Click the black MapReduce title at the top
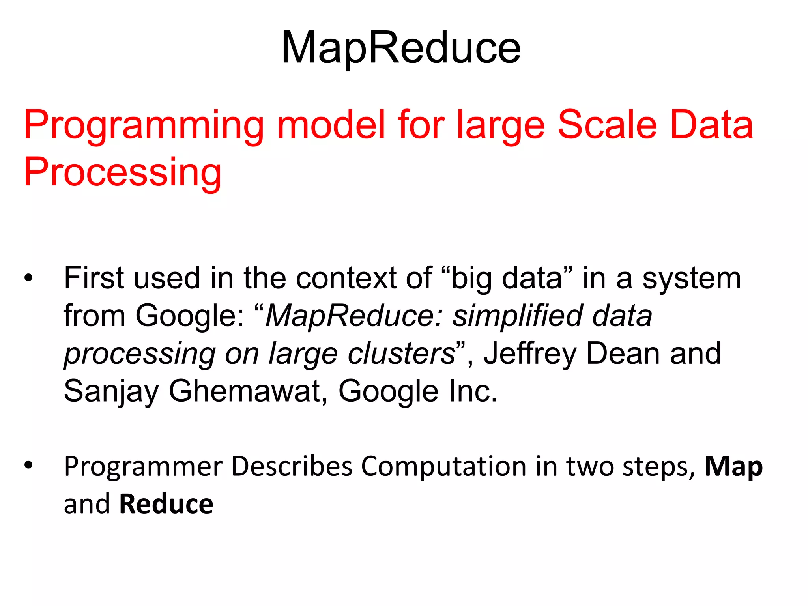[401, 48]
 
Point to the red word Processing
[122, 172]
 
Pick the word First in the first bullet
[94, 278]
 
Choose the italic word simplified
[517, 316]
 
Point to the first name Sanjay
[111, 391]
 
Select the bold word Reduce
[166, 504]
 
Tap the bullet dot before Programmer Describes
[28, 466]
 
